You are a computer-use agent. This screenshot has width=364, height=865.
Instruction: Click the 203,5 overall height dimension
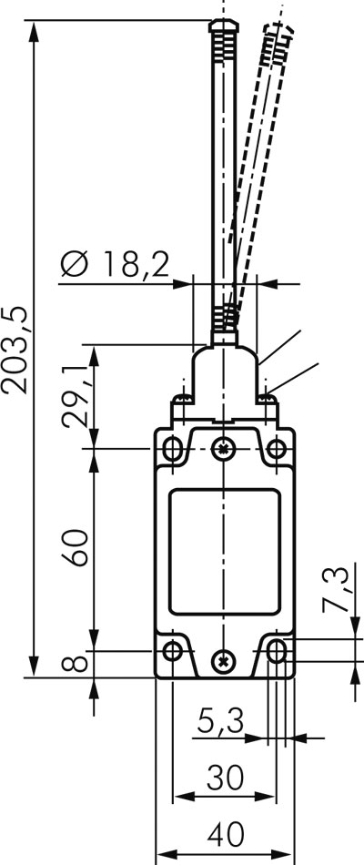[x=15, y=351]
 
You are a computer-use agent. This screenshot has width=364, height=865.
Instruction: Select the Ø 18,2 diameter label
[x=115, y=265]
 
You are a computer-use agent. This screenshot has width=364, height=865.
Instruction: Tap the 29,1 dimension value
[x=75, y=396]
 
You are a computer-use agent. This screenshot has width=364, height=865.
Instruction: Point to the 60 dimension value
[x=75, y=547]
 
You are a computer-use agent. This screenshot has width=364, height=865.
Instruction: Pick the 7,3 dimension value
[x=336, y=588]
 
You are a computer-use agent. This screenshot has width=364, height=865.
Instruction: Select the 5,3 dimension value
[x=220, y=721]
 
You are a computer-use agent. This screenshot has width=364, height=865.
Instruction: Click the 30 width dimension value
[x=225, y=778]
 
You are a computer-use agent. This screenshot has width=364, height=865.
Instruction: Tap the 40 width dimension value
[x=226, y=835]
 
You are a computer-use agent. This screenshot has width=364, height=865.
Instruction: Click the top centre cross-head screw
[x=223, y=449]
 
